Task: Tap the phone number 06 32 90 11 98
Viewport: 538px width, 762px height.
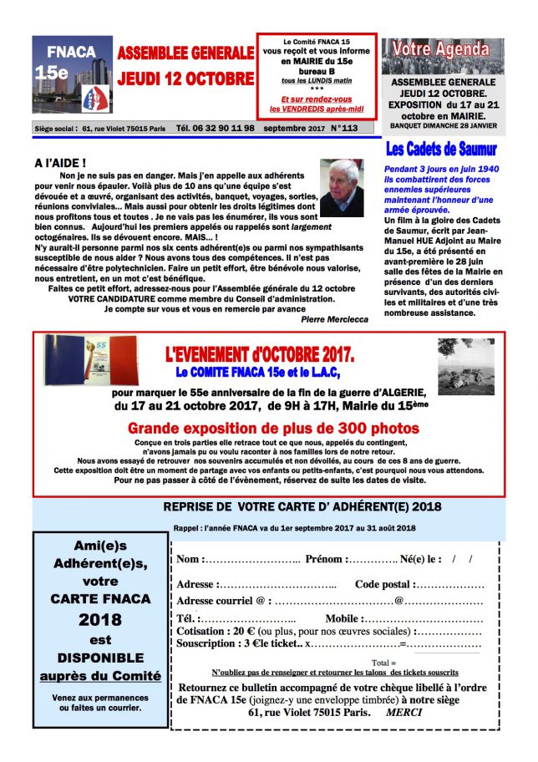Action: tap(215, 129)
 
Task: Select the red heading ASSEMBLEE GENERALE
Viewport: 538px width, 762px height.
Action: tap(185, 53)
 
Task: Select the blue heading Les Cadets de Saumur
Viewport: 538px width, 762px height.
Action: tap(453, 150)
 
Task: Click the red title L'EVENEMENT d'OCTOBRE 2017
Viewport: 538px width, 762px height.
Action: tap(260, 353)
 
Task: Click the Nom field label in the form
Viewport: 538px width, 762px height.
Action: tap(190, 558)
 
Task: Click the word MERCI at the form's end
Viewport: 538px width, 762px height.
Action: tap(404, 713)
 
